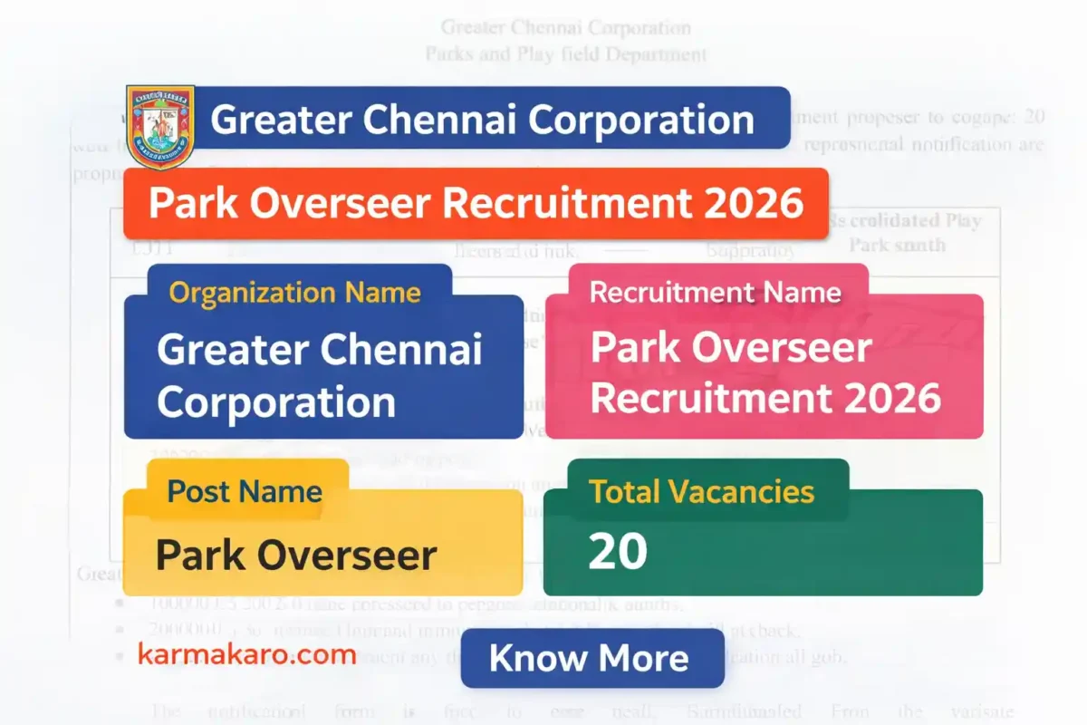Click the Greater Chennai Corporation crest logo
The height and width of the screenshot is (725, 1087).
click(x=160, y=127)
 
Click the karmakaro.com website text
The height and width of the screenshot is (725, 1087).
click(x=246, y=654)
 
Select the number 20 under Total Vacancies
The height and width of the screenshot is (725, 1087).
click(x=618, y=551)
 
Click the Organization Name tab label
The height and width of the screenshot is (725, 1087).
click(x=294, y=293)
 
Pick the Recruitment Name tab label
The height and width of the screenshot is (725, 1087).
click(x=716, y=293)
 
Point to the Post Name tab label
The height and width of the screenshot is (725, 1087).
click(x=245, y=492)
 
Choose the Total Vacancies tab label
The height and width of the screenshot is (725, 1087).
click(x=701, y=491)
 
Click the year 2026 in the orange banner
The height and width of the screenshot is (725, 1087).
click(x=751, y=204)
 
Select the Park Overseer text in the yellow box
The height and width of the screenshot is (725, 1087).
click(x=296, y=555)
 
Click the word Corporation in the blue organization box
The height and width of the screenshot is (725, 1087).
click(x=276, y=402)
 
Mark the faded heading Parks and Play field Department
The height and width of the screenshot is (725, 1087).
click(x=565, y=54)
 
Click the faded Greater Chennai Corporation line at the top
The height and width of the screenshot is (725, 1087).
click(x=565, y=28)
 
